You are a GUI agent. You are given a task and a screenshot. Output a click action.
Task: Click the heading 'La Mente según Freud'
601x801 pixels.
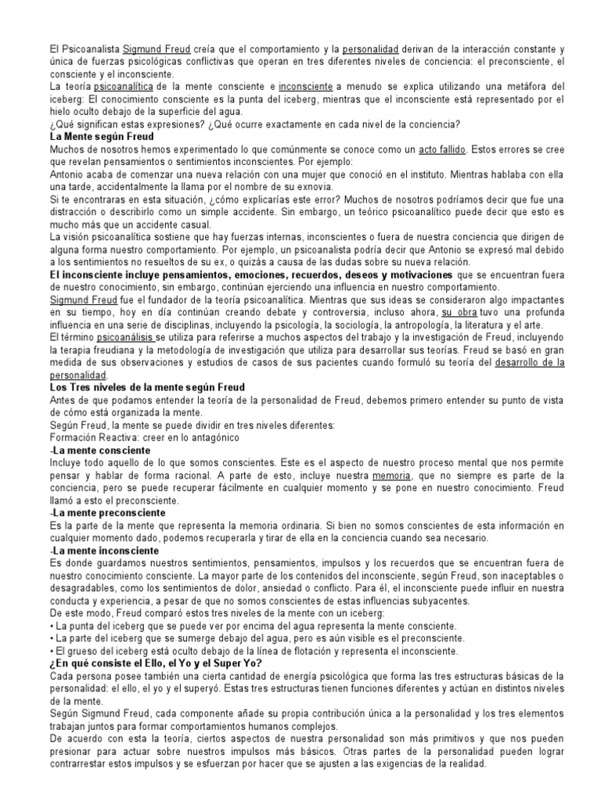click(x=103, y=136)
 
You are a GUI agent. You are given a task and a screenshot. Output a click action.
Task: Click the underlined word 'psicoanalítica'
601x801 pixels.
click(x=124, y=86)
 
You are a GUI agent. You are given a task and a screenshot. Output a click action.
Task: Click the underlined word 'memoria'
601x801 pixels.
click(x=415, y=476)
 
